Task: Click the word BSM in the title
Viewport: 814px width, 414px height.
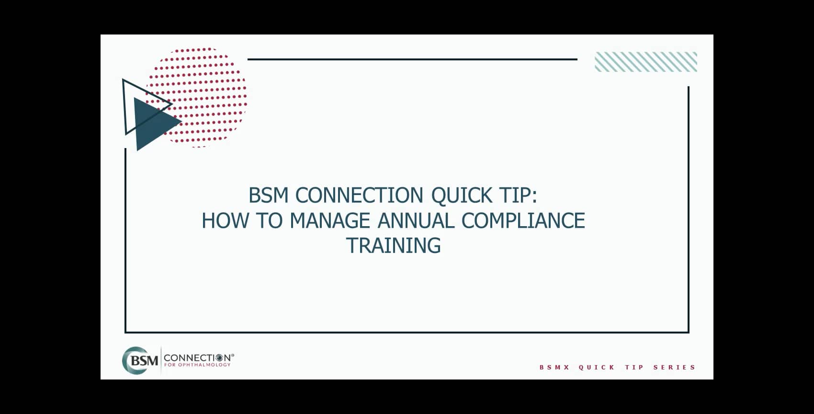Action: click(x=268, y=195)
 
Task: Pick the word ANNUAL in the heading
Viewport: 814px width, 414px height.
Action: click(x=416, y=221)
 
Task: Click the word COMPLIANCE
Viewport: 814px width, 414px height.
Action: click(x=523, y=221)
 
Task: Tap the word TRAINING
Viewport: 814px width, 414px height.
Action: click(x=393, y=246)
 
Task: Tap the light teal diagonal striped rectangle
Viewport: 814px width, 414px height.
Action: click(x=645, y=62)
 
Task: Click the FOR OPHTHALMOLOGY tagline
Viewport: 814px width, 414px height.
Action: click(x=197, y=365)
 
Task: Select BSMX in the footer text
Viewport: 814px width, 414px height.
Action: click(x=554, y=368)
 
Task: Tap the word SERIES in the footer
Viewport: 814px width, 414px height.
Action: click(x=674, y=368)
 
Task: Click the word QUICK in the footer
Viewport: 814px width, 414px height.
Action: click(x=597, y=368)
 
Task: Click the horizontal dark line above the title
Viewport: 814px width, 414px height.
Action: click(x=412, y=59)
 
